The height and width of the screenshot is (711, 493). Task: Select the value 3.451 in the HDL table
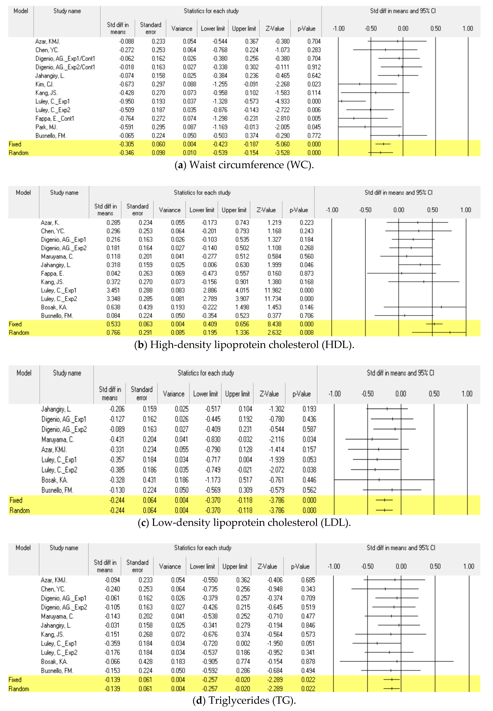(113, 290)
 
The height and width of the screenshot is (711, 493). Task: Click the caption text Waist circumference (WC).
(244, 165)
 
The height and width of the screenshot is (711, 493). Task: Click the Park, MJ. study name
(46, 127)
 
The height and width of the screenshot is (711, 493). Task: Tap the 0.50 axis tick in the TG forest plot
(435, 566)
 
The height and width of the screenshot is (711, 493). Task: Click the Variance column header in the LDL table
(174, 394)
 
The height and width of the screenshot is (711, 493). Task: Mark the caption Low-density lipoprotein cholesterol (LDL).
(244, 522)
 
